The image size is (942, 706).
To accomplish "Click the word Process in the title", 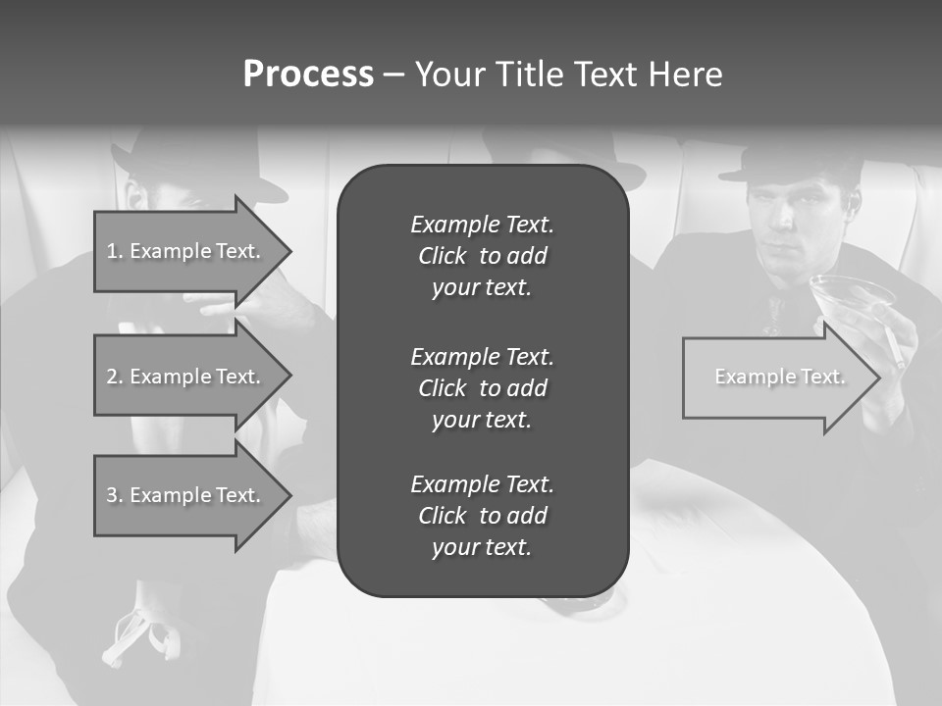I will coord(308,75).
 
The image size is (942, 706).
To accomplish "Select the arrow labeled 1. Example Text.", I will coord(186,251).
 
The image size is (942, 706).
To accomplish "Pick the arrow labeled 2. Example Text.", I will coord(186,377).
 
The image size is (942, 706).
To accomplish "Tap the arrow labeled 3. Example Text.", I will coord(186,495).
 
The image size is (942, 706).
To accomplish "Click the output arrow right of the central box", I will coord(775,378).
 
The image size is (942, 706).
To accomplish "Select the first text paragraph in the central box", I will coord(482,256).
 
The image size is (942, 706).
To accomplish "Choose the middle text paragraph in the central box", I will coord(482,387).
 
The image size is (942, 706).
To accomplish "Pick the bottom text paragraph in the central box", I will coord(482,516).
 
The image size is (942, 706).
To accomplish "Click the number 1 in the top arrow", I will coord(112,251).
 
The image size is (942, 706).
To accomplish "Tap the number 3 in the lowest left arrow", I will coord(112,495).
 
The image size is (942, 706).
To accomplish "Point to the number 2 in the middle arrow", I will coord(112,377).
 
